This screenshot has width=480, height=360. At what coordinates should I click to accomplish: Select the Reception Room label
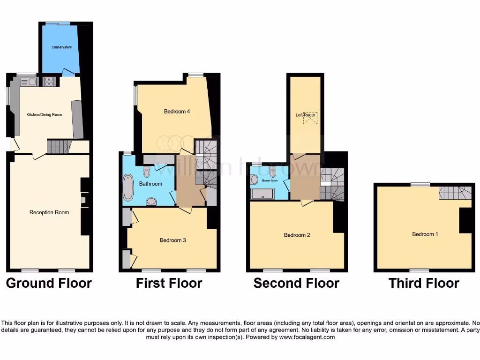click(49, 212)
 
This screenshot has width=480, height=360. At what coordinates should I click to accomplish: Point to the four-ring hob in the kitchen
click(49, 82)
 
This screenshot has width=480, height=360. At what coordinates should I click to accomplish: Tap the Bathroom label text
click(150, 184)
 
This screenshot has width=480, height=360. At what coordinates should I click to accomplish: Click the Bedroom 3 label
click(173, 240)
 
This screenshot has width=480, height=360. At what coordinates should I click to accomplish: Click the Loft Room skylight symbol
click(309, 119)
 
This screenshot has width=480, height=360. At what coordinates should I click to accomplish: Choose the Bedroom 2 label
click(297, 235)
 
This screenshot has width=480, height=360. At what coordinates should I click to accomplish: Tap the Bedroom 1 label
click(425, 234)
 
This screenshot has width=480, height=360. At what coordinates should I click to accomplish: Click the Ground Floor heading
click(49, 283)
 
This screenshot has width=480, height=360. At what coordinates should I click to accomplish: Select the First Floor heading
click(169, 283)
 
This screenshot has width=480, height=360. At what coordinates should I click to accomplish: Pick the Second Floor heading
click(296, 283)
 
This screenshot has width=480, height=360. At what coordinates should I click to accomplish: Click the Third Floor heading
click(424, 283)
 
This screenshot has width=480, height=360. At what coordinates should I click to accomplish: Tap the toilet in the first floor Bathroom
click(147, 172)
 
